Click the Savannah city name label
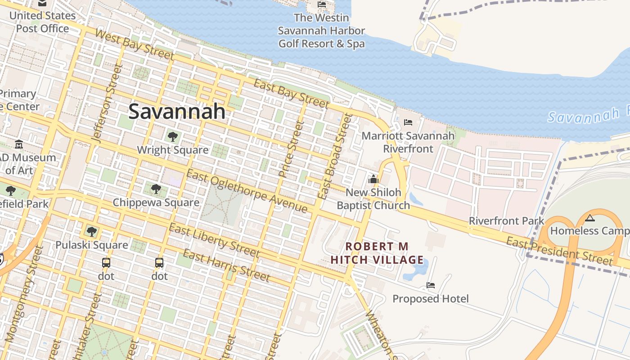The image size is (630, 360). (x=177, y=111)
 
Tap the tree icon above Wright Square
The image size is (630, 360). (x=172, y=136)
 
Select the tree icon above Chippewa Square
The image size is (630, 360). (x=156, y=189)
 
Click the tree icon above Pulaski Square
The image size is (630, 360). (x=92, y=232)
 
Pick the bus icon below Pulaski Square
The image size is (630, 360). (x=106, y=263)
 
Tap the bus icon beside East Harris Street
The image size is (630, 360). (x=159, y=263)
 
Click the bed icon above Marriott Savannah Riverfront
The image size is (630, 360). (x=408, y=122)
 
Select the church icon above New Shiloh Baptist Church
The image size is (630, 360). (x=373, y=180)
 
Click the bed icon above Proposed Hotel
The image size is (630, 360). (x=431, y=285)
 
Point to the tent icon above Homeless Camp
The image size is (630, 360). (x=590, y=218)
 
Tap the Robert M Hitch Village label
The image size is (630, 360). (x=377, y=253)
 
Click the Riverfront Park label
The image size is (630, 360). (x=506, y=221)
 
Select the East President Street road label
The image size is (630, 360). (x=559, y=252)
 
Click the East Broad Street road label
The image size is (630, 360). (x=335, y=157)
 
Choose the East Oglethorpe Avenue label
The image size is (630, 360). (x=247, y=192)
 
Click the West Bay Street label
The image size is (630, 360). (x=135, y=45)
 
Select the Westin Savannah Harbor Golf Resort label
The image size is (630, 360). (x=321, y=31)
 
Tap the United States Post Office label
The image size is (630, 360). (x=42, y=22)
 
